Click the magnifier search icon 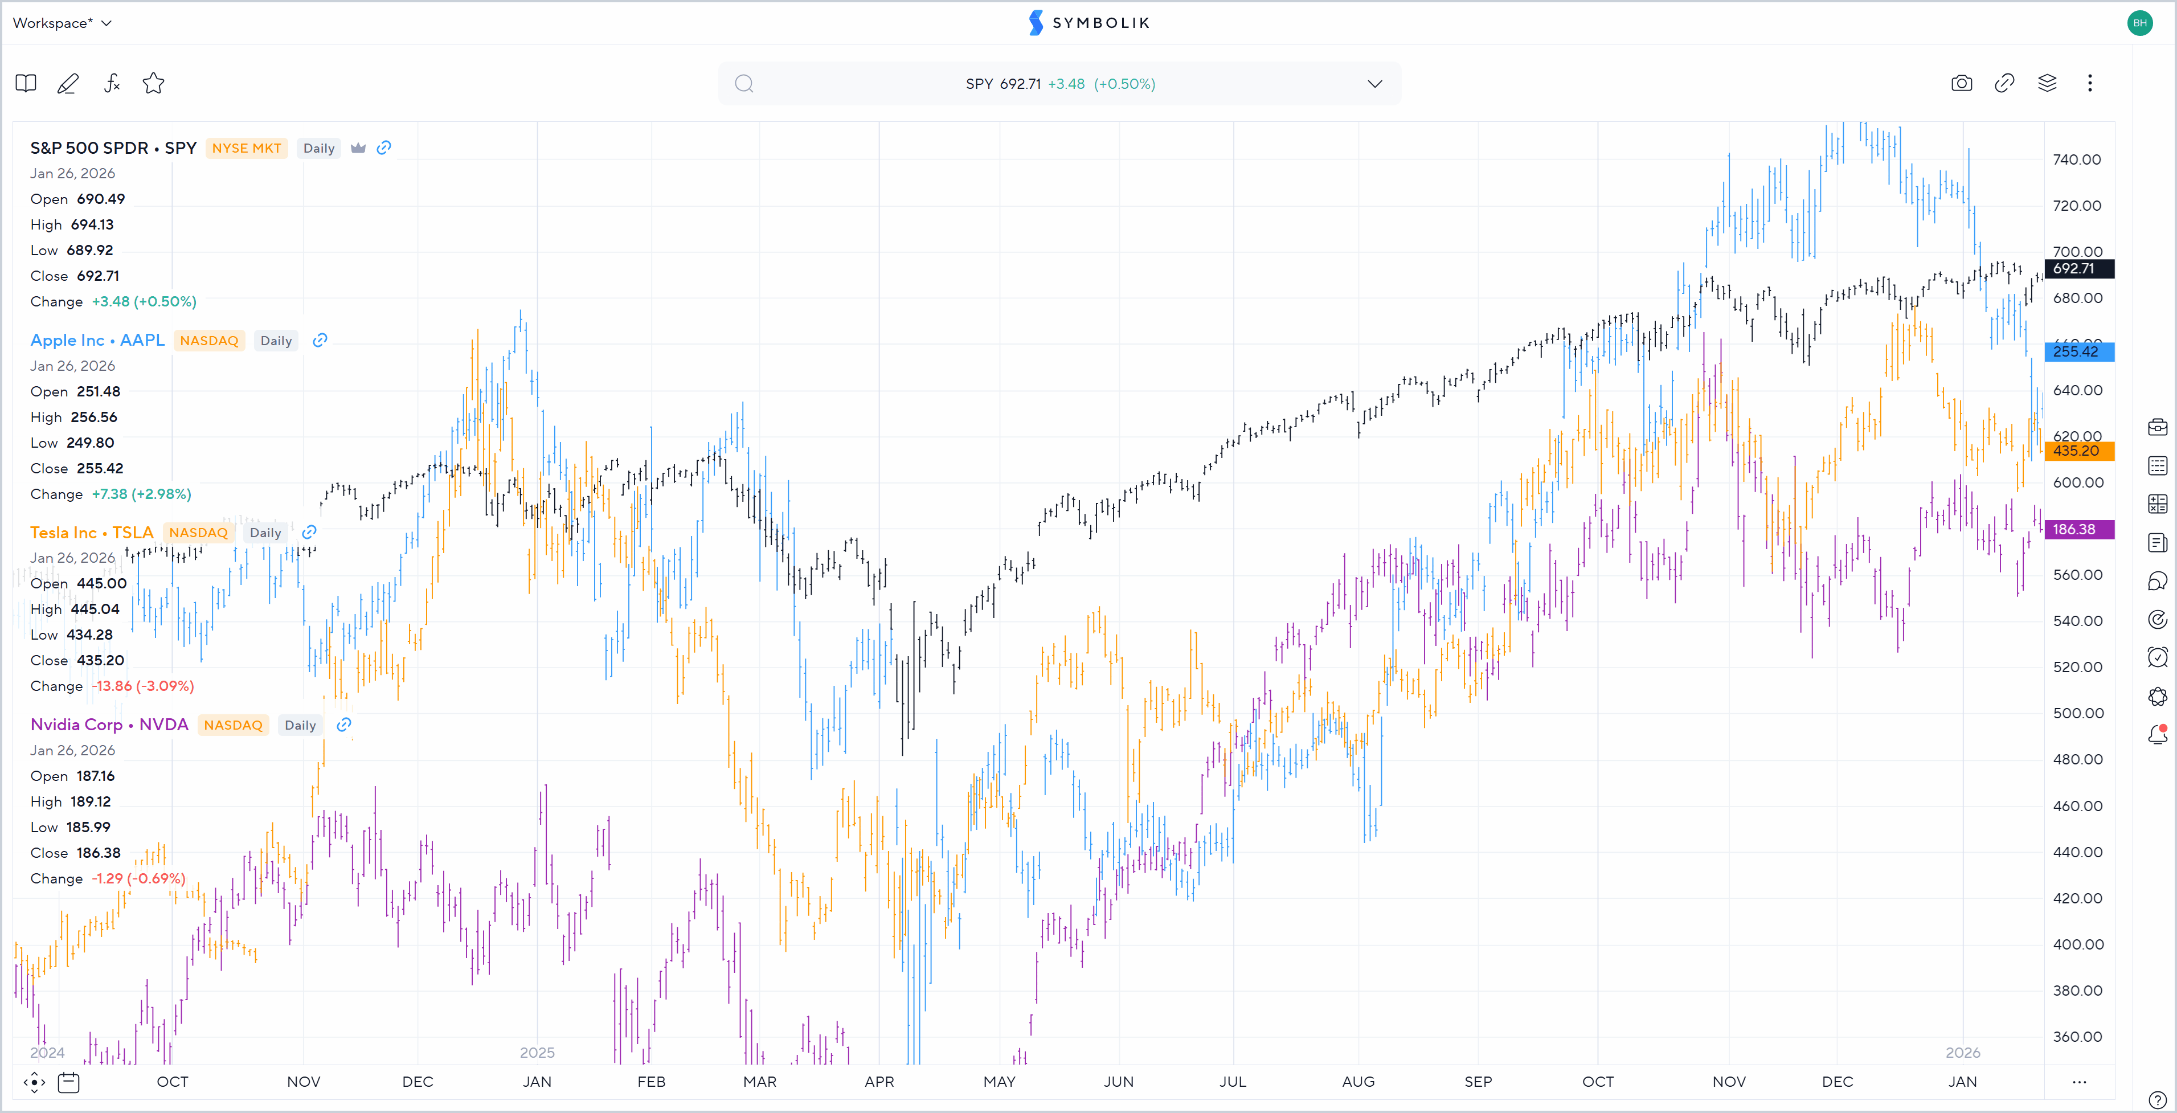tap(744, 84)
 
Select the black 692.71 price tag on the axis tap(2078, 269)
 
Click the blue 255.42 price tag tap(2078, 351)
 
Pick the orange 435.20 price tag tap(2078, 451)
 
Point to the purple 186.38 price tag tap(2078, 529)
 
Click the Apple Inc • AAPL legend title tap(97, 339)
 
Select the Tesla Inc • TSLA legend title tap(91, 533)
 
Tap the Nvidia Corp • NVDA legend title tap(109, 725)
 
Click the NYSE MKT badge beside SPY tap(246, 148)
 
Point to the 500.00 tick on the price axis tap(2077, 713)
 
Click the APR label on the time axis tap(879, 1081)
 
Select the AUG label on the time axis tap(1358, 1081)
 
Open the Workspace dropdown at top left tap(62, 23)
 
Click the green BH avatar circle tap(2140, 23)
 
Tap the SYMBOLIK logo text tap(1100, 23)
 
